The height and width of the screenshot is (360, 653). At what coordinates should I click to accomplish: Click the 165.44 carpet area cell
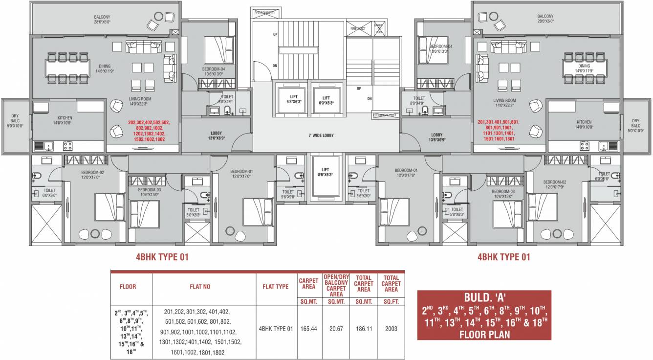point(310,329)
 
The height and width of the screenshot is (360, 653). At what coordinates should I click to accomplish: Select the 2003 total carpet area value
point(391,329)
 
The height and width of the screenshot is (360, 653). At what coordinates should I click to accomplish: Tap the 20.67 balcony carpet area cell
point(336,329)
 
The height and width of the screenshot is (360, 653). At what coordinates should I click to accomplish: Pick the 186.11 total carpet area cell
point(364,329)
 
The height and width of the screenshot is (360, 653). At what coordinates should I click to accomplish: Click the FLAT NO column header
point(200,287)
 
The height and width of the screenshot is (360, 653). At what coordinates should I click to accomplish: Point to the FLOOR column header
point(128,287)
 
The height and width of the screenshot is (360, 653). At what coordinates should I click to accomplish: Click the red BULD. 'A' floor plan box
point(484,315)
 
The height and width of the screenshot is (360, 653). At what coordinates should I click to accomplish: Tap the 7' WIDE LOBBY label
point(321,135)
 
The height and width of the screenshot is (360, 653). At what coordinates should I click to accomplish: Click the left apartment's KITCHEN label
point(65,120)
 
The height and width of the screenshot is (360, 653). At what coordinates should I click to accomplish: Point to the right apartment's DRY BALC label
point(635,123)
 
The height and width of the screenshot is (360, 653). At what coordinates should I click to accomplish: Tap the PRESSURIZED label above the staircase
point(265,13)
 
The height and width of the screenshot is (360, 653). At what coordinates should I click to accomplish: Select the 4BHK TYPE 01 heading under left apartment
point(162,257)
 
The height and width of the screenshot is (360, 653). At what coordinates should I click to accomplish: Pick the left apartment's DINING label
point(104,68)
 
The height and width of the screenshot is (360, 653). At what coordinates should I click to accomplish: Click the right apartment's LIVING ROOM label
point(504,103)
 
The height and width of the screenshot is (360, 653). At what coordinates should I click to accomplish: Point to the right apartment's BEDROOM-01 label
point(406,173)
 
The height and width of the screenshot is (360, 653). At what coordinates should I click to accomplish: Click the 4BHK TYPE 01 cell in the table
point(276,329)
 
